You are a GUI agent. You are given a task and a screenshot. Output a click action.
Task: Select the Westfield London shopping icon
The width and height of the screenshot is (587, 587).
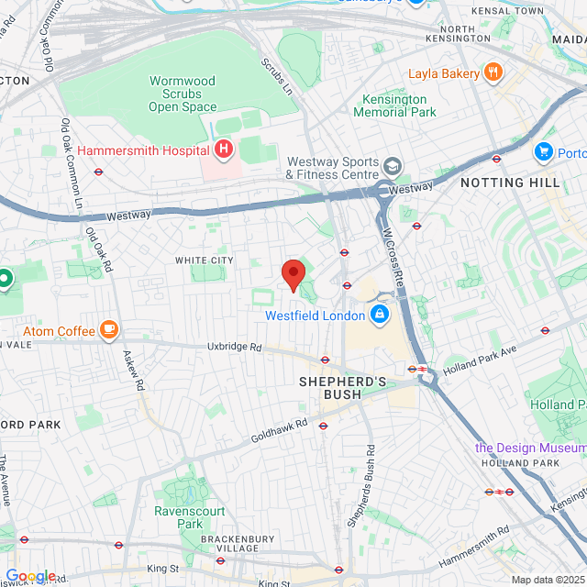[x=380, y=316]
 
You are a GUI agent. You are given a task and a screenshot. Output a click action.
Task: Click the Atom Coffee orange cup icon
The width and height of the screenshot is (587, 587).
[x=109, y=327]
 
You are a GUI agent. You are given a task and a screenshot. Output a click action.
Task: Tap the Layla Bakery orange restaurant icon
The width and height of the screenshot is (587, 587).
[x=493, y=72]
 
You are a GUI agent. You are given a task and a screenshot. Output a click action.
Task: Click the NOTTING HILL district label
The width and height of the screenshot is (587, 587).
[x=510, y=183]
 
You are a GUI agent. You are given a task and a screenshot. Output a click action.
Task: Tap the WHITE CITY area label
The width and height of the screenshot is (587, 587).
[x=205, y=260]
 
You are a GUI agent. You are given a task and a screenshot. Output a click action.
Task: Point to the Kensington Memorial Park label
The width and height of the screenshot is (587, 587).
[x=395, y=105]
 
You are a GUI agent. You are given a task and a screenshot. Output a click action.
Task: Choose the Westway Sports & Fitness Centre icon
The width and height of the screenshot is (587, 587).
[x=393, y=166]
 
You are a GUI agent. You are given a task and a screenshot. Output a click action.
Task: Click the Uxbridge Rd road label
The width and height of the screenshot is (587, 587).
[x=235, y=348]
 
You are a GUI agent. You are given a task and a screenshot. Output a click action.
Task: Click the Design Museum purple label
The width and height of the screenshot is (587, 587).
[x=529, y=448]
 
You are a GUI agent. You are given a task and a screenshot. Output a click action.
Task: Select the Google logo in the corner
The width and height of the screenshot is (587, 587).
[x=30, y=575]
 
